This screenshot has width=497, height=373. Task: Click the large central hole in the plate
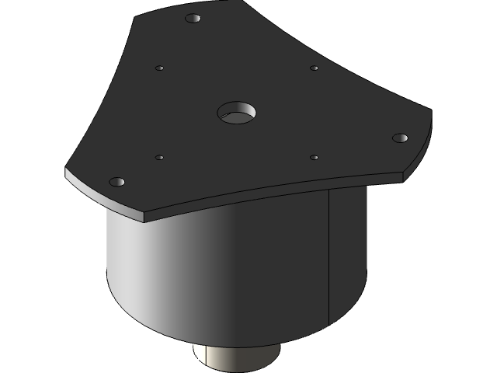[236, 113]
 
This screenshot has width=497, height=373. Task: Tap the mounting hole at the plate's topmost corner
[193, 18]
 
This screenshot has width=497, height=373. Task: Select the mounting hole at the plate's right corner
[400, 138]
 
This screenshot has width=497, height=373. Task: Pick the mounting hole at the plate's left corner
[116, 182]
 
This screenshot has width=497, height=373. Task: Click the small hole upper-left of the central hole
[159, 68]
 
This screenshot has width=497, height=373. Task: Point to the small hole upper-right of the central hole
[314, 68]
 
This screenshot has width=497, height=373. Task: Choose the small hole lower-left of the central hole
[159, 158]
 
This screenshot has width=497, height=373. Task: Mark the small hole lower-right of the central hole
[314, 158]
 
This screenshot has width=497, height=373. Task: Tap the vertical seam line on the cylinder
[329, 256]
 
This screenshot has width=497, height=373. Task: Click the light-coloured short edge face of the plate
[105, 197]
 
